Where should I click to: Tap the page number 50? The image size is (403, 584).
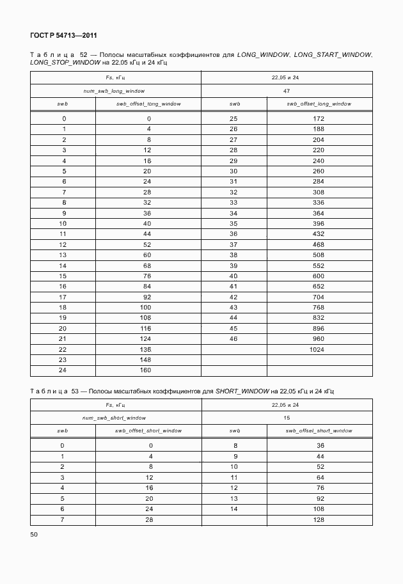[x=34, y=533]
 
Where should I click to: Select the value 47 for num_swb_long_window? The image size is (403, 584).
[x=287, y=91]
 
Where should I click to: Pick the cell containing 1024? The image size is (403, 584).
[x=319, y=349]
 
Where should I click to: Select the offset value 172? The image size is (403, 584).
[x=319, y=119]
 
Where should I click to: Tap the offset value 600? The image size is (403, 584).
[x=319, y=276]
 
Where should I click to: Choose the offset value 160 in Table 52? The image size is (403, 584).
[x=146, y=370]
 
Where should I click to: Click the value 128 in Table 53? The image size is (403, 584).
[x=319, y=519]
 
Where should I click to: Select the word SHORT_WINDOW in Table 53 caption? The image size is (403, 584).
[x=242, y=390]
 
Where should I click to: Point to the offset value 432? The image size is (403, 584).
[x=319, y=234]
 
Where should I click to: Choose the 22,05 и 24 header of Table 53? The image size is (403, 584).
[x=286, y=405]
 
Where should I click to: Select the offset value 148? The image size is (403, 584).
[x=146, y=359]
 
